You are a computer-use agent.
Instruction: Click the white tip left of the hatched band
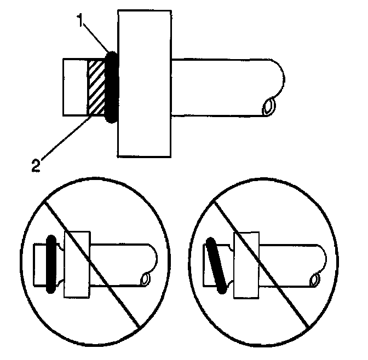pyautogui.click(x=76, y=88)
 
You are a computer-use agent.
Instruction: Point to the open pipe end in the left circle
pyautogui.click(x=146, y=279)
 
